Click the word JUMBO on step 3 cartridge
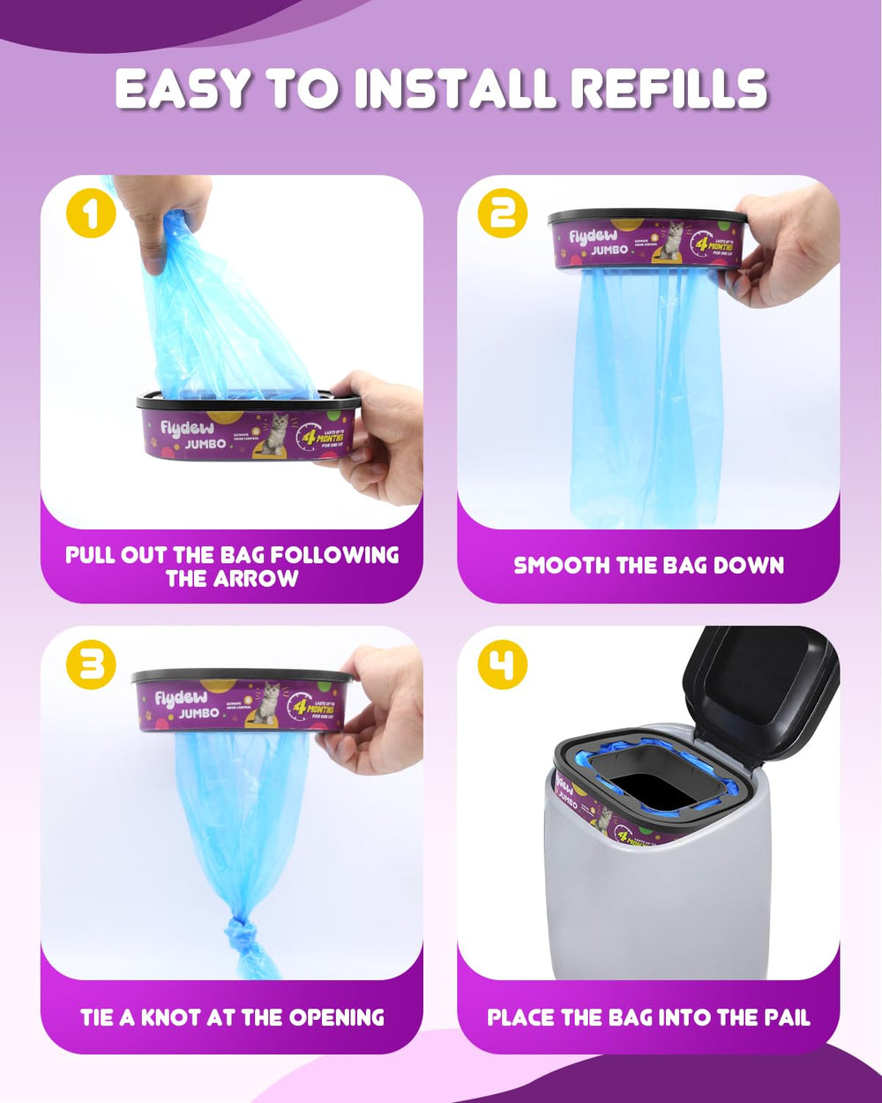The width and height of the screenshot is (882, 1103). coord(198,712)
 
